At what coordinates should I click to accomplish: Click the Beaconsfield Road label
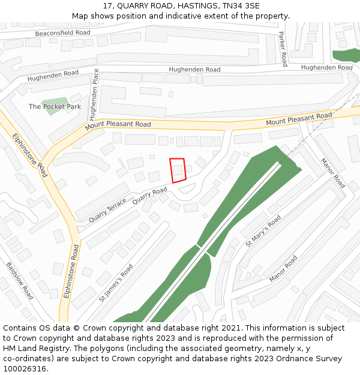(63, 32)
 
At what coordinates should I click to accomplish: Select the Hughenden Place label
(93, 95)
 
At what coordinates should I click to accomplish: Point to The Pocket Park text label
(55, 107)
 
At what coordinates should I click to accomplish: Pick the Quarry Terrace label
(107, 210)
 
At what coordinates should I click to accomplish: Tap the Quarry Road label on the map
(149, 196)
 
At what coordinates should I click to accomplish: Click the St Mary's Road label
(263, 231)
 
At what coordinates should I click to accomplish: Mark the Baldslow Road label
(20, 280)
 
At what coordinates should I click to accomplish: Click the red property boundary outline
(177, 170)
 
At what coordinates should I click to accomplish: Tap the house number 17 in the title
(107, 5)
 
